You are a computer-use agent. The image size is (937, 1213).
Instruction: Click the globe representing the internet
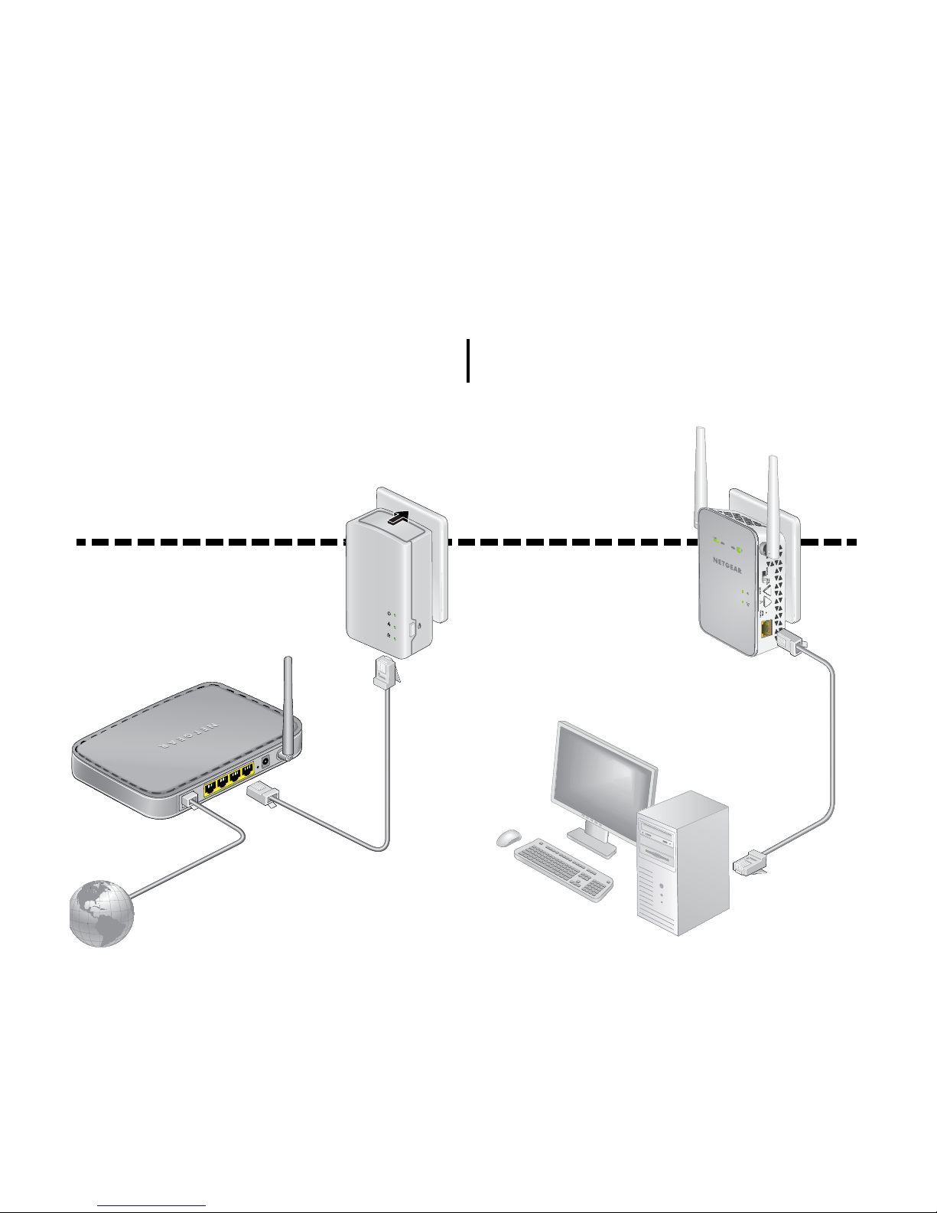pos(101,913)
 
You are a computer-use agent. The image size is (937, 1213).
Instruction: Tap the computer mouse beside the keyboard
pos(508,838)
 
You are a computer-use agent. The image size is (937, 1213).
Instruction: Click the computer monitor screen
pos(605,773)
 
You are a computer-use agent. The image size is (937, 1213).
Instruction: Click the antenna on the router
pos(288,704)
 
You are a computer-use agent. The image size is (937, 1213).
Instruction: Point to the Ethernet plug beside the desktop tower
pos(750,863)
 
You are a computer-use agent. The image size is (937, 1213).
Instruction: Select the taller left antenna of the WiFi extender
pos(699,467)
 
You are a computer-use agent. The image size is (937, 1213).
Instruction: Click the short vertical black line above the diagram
pos(467,361)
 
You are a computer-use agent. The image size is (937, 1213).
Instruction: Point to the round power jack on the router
pos(265,761)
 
